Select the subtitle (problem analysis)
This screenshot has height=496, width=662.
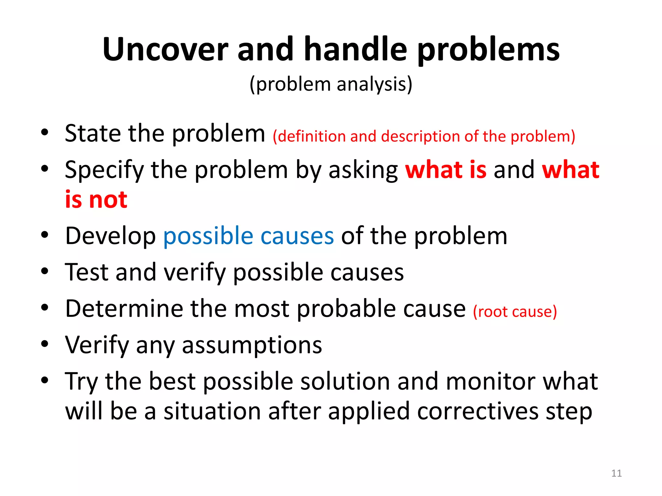331,85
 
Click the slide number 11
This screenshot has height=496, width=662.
616,473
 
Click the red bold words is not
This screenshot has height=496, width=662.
96,200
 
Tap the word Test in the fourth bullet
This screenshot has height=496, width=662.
86,272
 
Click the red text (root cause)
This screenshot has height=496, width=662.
515,312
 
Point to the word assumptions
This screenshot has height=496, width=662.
252,345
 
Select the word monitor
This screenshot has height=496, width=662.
490,382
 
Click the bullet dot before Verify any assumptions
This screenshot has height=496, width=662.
45,344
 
